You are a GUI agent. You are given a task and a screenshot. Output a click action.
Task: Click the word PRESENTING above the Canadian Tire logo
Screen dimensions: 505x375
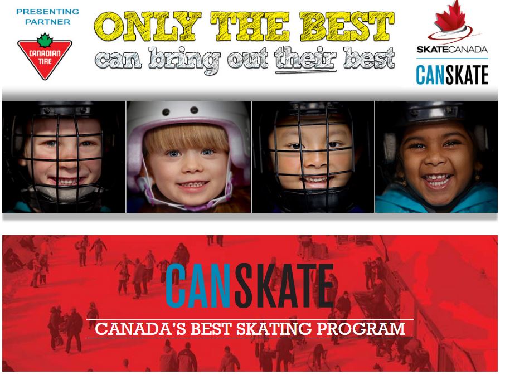pyautogui.click(x=48, y=12)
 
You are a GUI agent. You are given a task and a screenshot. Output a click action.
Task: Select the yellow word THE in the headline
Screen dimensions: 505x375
pyautogui.click(x=250, y=26)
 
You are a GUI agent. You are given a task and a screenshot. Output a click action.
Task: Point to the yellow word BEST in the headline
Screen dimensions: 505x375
pyautogui.click(x=347, y=26)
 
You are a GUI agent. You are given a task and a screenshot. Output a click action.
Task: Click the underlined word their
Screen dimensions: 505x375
pyautogui.click(x=305, y=59)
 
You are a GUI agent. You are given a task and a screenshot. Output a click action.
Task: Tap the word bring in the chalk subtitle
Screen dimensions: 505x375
pyautogui.click(x=184, y=60)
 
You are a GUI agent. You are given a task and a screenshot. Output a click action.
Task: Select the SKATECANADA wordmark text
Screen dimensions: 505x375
pyautogui.click(x=452, y=50)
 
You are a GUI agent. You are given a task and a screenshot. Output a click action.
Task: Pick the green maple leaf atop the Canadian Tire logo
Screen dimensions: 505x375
pyautogui.click(x=45, y=40)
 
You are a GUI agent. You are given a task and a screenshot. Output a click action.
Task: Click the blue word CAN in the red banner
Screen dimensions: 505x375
pyautogui.click(x=198, y=285)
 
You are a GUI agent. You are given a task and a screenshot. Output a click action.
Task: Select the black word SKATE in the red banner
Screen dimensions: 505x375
pyautogui.click(x=284, y=285)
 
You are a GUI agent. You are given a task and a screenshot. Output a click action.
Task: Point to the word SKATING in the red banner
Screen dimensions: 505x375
pyautogui.click(x=274, y=329)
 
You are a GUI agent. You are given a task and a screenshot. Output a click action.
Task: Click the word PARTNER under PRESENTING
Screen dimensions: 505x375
pyautogui.click(x=48, y=22)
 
